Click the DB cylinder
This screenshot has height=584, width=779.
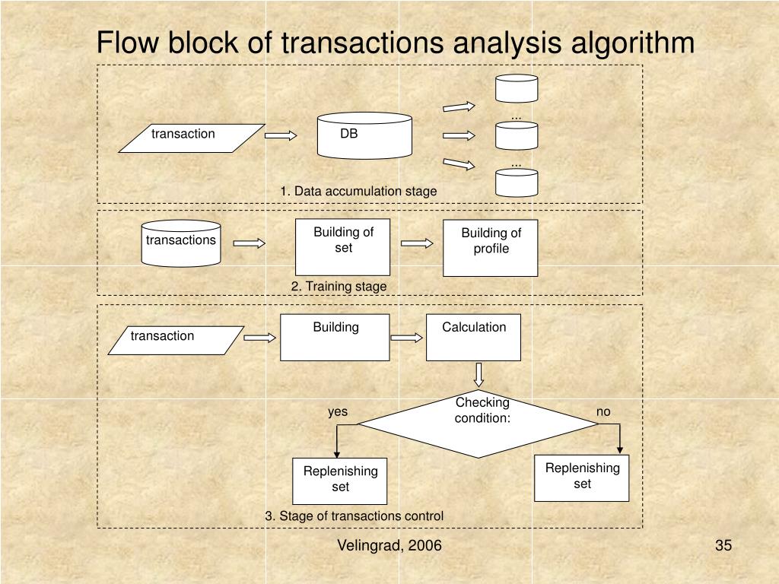tap(364, 135)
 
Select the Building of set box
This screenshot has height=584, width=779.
tap(343, 247)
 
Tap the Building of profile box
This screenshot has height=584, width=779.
tap(491, 248)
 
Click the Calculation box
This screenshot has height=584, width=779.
tap(473, 337)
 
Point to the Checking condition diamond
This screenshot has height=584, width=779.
tap(478, 424)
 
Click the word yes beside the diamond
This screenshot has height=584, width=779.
tap(338, 411)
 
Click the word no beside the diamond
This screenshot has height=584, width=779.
tap(603, 411)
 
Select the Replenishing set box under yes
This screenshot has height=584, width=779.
tap(340, 481)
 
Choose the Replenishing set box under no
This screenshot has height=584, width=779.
tap(582, 478)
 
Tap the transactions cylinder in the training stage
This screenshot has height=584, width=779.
tap(181, 243)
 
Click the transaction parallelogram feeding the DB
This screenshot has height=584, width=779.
tap(192, 138)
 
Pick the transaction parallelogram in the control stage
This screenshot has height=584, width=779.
tap(176, 340)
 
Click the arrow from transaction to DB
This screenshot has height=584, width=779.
tap(281, 135)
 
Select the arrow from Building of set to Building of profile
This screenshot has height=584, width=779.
tap(417, 243)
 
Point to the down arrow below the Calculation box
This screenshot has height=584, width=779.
tap(479, 375)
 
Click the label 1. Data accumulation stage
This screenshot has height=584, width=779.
tap(359, 191)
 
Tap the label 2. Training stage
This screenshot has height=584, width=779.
tap(339, 287)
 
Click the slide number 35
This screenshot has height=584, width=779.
tap(723, 545)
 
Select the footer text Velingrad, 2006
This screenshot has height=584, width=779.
tap(389, 545)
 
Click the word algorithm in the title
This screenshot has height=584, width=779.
tap(632, 43)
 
